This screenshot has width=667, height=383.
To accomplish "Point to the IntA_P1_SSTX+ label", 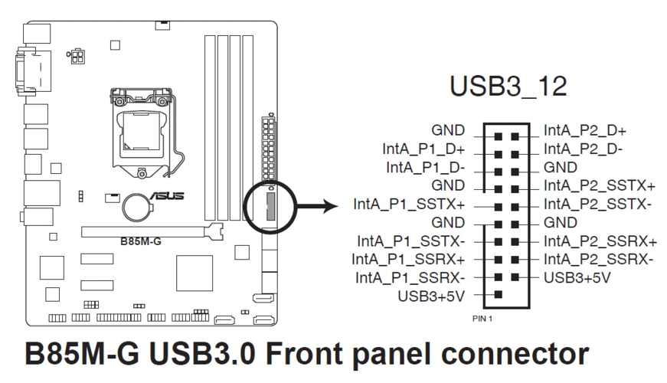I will click(409, 205).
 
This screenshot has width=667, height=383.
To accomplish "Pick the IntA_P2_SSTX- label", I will click(597, 205).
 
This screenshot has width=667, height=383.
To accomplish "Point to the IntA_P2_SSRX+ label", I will click(600, 241).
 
